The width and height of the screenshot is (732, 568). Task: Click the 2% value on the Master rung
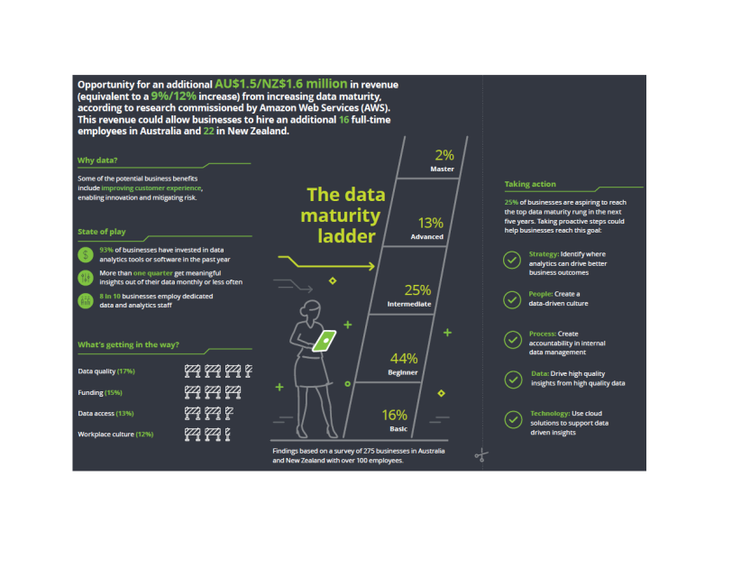(444, 155)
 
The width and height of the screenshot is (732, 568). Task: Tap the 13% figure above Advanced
(430, 223)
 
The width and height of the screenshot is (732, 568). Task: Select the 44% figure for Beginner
(404, 359)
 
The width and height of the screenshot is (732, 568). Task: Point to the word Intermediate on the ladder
(409, 304)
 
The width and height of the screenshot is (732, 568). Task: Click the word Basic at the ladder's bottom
(398, 429)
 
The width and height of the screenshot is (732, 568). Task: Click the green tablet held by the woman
(325, 341)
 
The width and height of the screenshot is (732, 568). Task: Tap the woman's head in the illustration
(311, 309)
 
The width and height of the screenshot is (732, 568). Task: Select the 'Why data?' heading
(97, 160)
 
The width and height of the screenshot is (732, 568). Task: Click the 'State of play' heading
(101, 232)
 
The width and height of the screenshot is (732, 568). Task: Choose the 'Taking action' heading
(530, 184)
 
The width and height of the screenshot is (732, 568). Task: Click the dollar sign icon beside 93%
(86, 255)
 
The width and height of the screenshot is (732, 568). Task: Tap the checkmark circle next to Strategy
(512, 260)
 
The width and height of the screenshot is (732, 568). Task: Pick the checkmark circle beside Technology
(513, 419)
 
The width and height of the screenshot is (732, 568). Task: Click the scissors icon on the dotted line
(481, 455)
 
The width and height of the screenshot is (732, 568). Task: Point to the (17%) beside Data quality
(126, 371)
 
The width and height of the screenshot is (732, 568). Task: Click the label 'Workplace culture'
(106, 434)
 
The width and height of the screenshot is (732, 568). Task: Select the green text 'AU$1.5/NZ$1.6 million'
(280, 84)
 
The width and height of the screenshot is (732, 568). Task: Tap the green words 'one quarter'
(152, 273)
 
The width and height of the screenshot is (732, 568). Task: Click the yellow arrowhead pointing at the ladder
(371, 266)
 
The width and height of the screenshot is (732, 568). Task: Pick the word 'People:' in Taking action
(541, 294)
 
